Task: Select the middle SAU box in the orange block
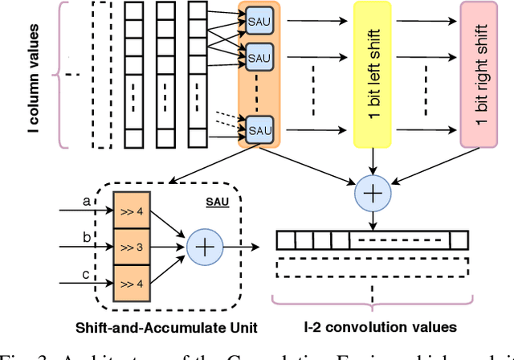tap(257, 58)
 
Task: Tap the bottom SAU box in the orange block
tap(257, 126)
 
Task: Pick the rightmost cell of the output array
tap(458, 240)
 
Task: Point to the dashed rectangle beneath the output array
tap(372, 268)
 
